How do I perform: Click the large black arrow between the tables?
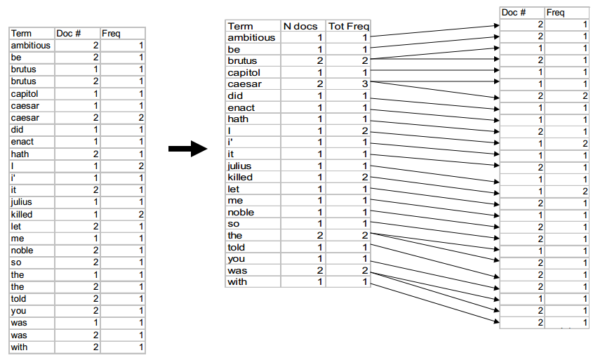point(187,148)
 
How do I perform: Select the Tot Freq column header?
point(349,26)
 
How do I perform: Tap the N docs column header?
point(300,26)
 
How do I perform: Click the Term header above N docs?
point(240,26)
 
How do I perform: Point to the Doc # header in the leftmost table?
point(69,34)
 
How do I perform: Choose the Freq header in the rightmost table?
point(555,13)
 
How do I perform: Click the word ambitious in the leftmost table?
point(30,46)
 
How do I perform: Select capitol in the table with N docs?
point(244,72)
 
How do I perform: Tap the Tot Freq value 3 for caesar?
point(364,84)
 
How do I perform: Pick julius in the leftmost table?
point(21,202)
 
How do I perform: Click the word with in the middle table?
point(237,282)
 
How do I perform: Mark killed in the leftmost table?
point(22,214)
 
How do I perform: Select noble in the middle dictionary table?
point(241,212)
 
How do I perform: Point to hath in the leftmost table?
point(20,154)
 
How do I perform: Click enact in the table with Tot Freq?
point(241,107)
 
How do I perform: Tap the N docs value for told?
point(319,247)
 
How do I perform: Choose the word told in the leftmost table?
point(18,299)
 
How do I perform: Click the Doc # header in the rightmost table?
point(514,13)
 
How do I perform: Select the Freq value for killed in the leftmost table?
point(141,214)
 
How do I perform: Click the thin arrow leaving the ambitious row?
point(434,31)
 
